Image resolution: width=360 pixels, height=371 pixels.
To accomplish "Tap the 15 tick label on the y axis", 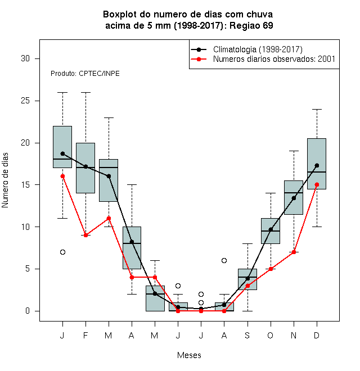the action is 25,185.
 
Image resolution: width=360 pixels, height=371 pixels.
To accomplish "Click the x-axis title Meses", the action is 189,355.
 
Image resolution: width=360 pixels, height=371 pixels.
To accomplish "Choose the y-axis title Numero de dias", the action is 5,180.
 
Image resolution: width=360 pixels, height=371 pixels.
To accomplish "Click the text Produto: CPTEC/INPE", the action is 85,74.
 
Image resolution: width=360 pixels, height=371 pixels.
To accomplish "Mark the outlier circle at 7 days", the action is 62,252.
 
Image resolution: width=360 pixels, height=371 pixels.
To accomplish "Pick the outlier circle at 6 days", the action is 224,260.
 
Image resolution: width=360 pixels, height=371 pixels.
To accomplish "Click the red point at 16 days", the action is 62,177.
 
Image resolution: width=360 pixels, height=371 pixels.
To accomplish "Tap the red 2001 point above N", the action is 294,252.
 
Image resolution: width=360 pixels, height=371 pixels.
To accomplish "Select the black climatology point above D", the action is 317,165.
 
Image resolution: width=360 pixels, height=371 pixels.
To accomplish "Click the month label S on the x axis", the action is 247,336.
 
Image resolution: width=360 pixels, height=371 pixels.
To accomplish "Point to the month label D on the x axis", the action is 317,336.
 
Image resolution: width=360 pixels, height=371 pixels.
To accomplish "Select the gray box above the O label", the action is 271,231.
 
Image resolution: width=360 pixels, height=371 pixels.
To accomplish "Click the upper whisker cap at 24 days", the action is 317,109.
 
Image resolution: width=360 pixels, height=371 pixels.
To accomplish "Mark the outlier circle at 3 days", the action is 178,286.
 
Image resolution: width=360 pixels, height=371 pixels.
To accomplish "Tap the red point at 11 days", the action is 109,218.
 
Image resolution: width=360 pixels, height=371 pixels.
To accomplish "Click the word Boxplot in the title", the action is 120,15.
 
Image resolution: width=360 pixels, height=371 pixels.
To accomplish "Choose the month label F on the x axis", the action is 85,336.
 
